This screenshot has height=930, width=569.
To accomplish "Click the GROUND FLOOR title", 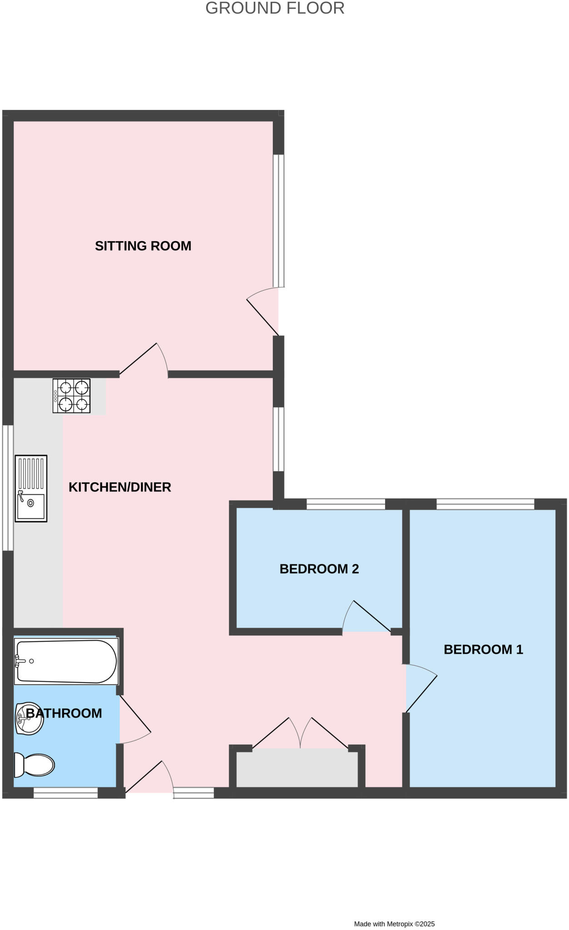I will [x=275, y=8].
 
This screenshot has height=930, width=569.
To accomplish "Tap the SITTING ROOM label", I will [x=143, y=246].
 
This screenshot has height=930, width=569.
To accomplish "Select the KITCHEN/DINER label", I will [x=120, y=487].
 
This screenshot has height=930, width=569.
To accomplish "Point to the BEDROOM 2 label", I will [x=319, y=569].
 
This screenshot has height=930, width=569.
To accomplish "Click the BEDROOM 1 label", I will [x=483, y=649].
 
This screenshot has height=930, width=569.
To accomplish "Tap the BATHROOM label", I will [x=64, y=713].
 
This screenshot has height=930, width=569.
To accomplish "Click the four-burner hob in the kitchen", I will [x=71, y=396].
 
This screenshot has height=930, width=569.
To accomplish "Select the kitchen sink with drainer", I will [x=31, y=488].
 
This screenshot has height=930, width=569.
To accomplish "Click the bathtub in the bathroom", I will [x=66, y=661].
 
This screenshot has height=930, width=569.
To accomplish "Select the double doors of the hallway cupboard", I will [x=300, y=732].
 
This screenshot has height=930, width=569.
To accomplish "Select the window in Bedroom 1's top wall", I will [x=485, y=504].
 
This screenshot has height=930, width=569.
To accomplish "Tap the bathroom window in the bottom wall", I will [x=66, y=792].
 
